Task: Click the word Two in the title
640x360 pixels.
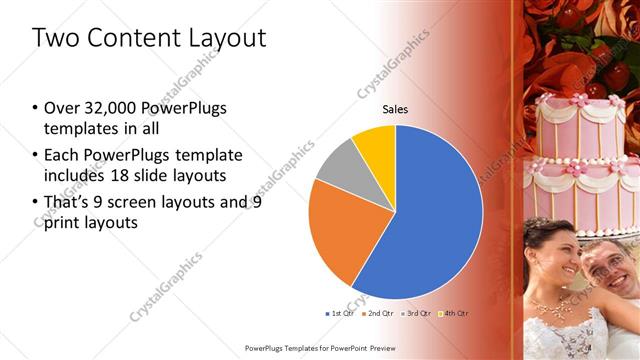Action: coord(54,39)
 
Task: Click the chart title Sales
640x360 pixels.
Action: coord(396,110)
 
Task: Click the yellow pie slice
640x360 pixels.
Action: coord(376,141)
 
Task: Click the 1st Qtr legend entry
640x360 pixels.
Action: coord(340,314)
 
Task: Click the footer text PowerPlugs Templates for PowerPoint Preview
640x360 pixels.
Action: coord(320,348)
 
